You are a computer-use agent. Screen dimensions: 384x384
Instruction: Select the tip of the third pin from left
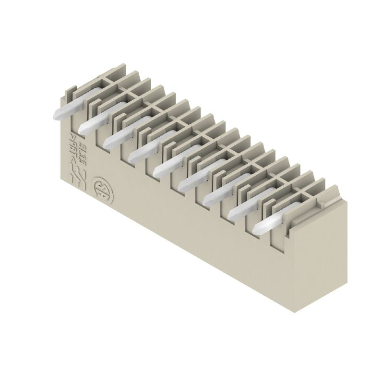(107, 143)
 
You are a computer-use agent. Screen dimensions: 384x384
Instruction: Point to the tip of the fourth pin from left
(132, 157)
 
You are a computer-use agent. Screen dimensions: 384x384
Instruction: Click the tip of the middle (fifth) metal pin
(157, 171)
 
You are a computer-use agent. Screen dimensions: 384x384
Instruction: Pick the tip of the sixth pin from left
(182, 184)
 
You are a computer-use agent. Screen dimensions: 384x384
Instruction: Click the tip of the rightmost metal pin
(257, 227)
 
